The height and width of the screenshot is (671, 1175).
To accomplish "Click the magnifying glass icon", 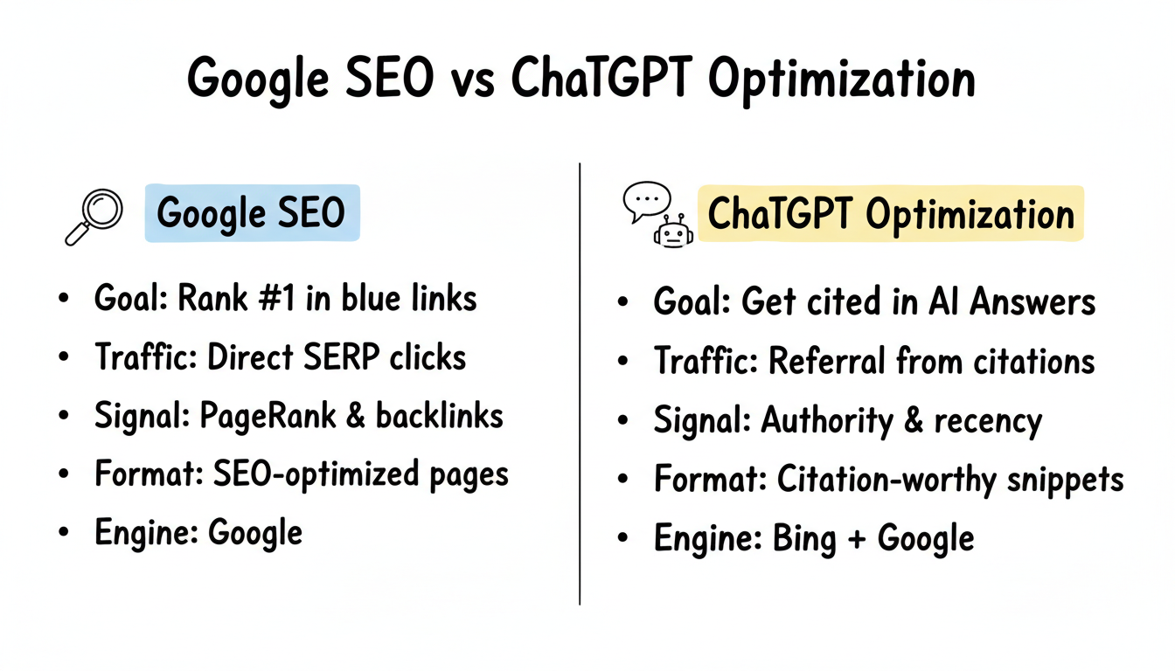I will pos(92,214).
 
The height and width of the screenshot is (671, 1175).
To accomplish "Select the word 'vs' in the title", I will pos(470,80).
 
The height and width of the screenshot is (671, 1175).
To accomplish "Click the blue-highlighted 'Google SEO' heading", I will pos(251,213).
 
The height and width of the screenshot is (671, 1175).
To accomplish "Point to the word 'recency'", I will pos(988,421).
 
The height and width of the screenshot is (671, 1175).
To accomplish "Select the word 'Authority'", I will pos(826,420).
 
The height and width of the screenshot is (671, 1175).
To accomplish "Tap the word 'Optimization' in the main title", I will pos(840,80).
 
